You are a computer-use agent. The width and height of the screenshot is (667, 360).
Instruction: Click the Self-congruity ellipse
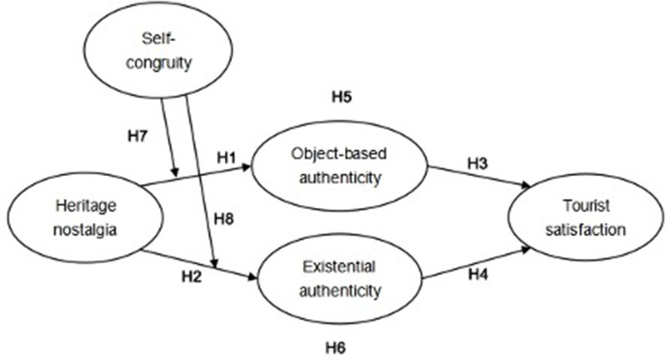(x=165, y=48)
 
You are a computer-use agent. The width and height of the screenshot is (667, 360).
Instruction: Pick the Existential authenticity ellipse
(x=338, y=276)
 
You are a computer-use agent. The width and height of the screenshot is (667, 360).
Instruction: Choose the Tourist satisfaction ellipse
(x=582, y=217)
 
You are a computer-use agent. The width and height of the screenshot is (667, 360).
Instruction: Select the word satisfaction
(x=582, y=227)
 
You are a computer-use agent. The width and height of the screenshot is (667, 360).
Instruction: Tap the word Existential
(x=339, y=267)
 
